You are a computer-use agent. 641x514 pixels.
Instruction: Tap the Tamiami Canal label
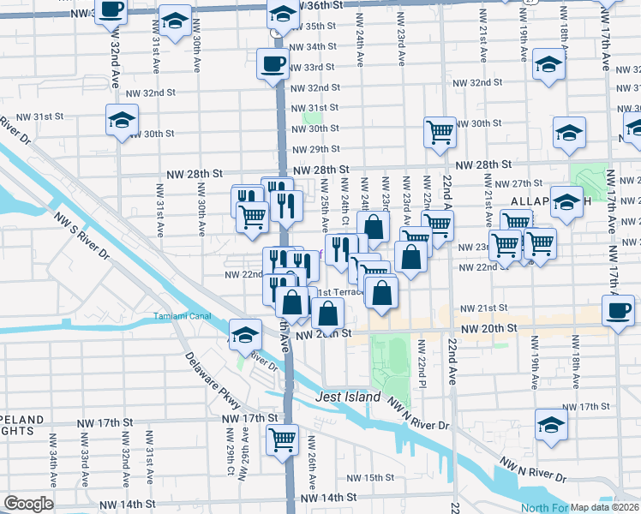pos(182,314)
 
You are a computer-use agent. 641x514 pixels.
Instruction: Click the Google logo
pos(28,504)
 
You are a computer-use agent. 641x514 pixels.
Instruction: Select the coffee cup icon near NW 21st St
pos(618,310)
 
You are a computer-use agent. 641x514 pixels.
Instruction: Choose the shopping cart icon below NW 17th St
pos(282,440)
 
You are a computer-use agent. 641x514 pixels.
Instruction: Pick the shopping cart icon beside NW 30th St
pos(440,132)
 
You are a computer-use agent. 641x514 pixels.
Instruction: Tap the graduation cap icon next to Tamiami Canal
pos(245,334)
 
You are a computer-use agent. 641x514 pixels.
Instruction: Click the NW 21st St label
pos(484,308)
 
